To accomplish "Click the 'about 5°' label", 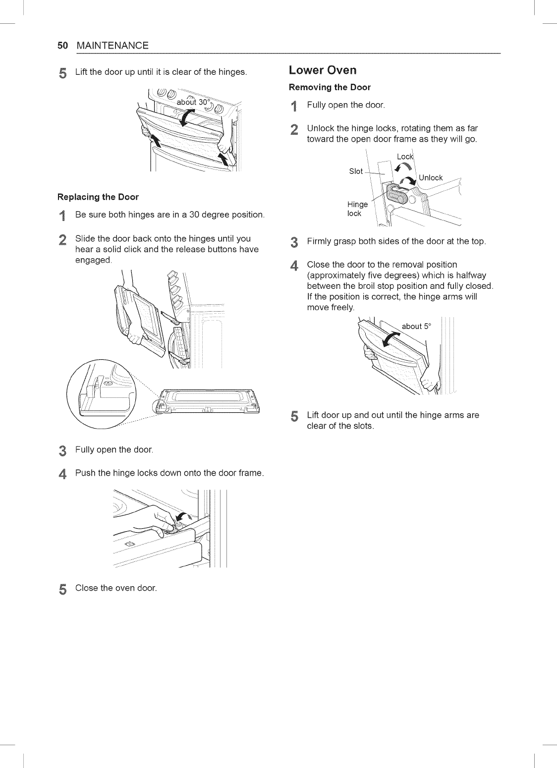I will (x=418, y=326).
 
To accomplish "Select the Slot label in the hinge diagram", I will (x=356, y=171).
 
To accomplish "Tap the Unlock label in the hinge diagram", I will (x=431, y=178).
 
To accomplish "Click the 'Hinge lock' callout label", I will (x=357, y=209).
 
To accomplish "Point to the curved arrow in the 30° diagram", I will (x=188, y=117).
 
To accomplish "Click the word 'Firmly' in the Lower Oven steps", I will (x=320, y=242).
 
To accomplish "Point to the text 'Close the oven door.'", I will (x=115, y=588).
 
